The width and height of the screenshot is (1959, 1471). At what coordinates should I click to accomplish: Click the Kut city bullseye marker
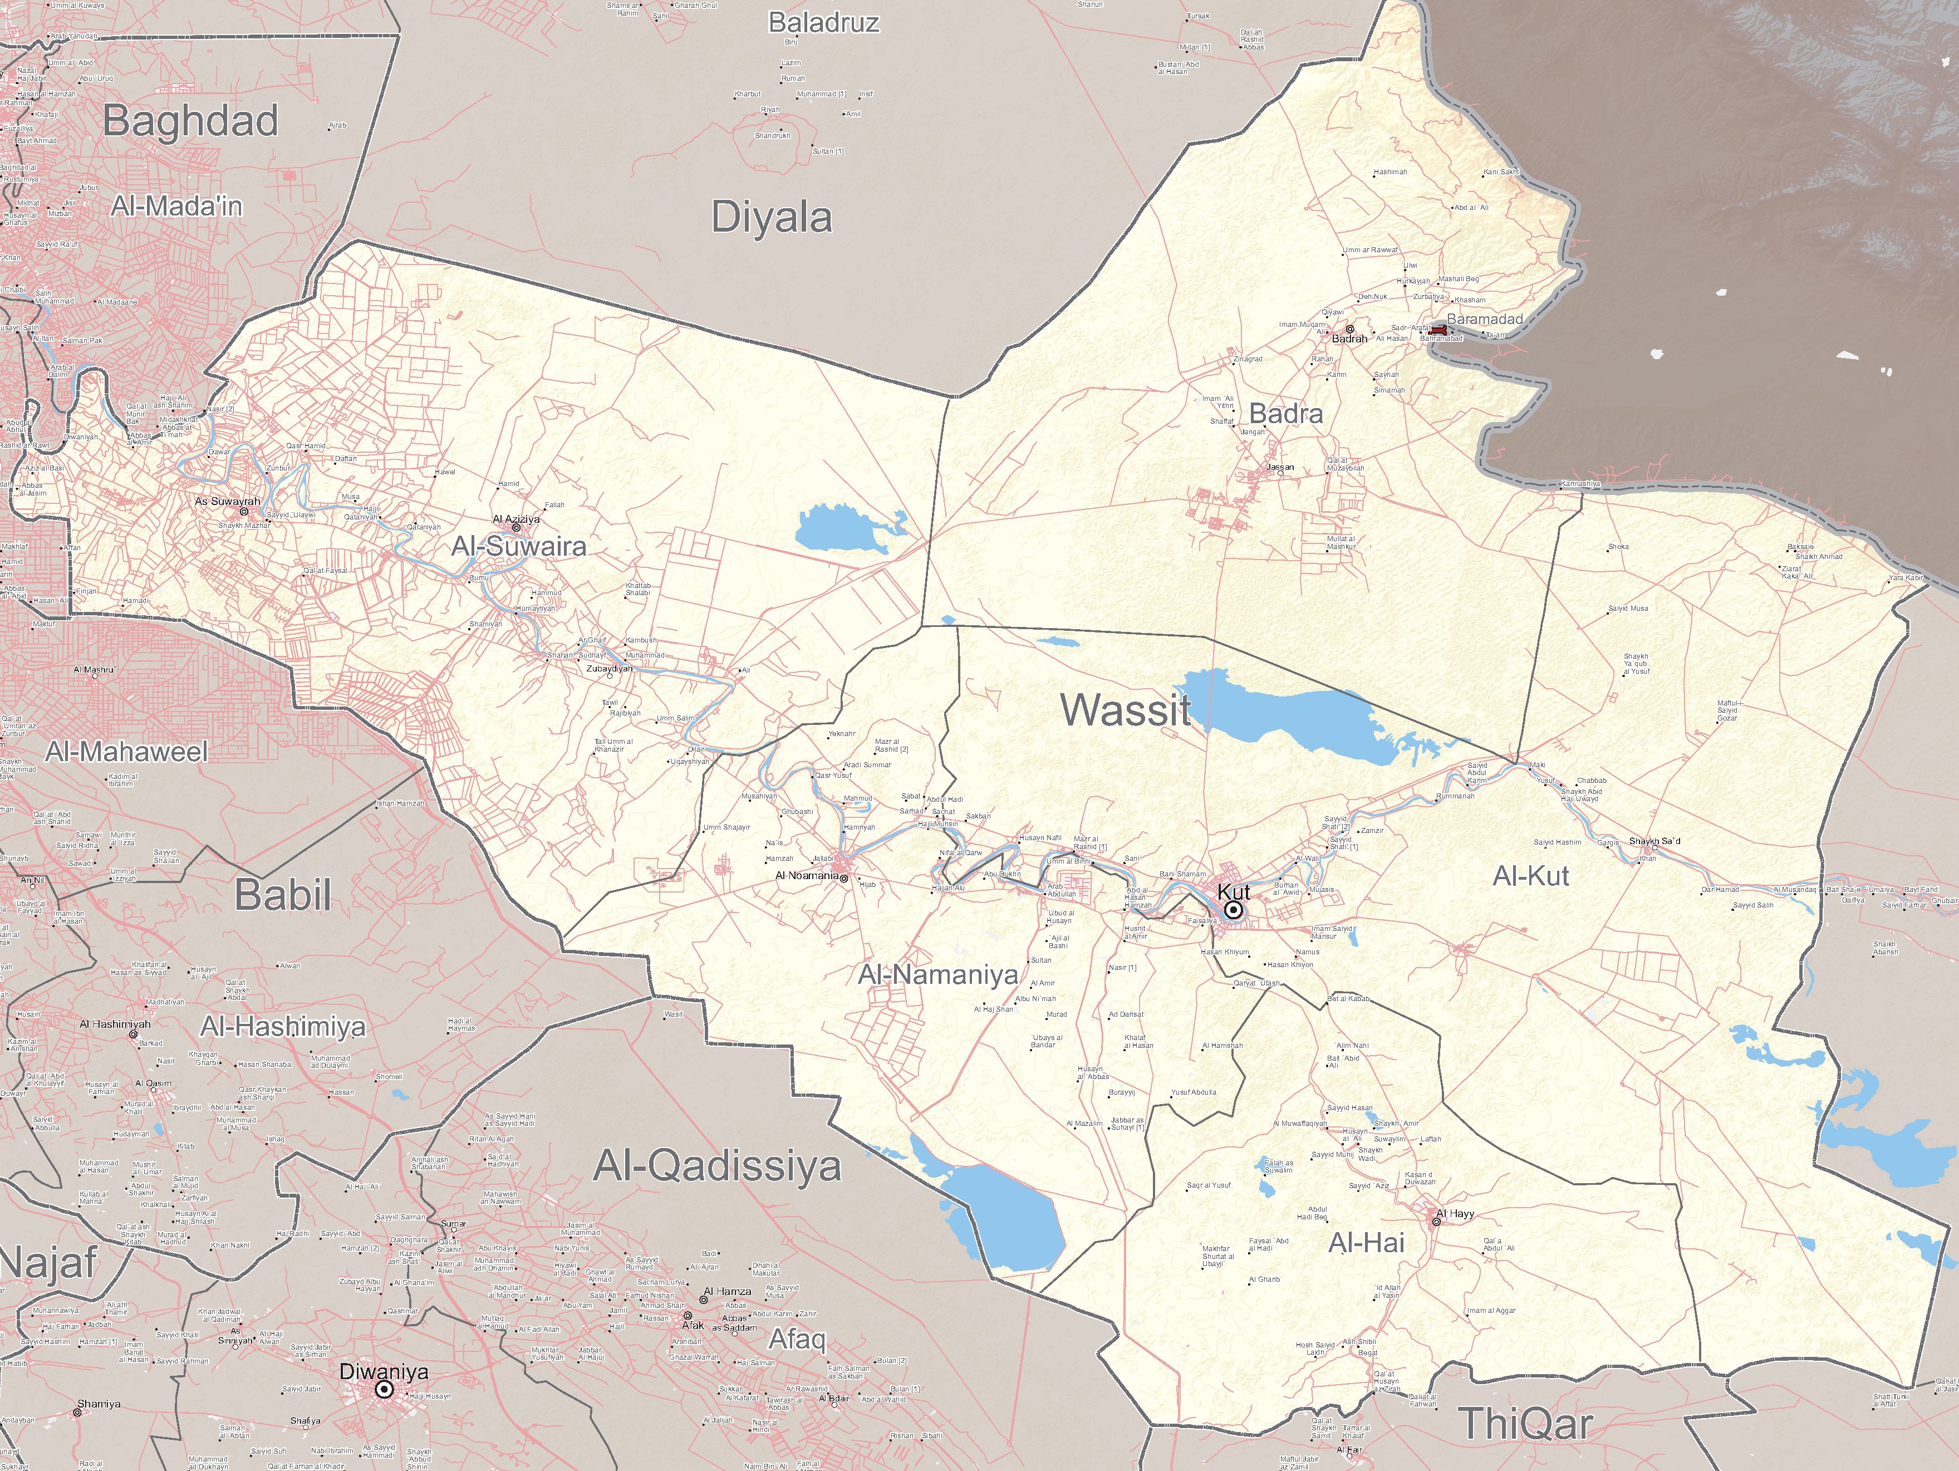point(1233,910)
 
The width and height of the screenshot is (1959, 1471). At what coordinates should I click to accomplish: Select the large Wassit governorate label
point(1126,710)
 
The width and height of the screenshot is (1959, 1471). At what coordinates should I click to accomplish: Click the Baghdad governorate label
point(190,121)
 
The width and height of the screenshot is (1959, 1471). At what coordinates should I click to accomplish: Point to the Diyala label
point(772,218)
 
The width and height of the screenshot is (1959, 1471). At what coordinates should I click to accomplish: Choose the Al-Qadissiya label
point(716,1165)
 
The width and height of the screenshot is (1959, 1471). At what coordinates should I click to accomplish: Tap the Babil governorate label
point(283,895)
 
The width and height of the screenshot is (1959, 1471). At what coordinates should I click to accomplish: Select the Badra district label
point(1286,414)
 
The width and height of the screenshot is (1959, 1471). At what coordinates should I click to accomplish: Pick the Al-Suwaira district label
point(519,546)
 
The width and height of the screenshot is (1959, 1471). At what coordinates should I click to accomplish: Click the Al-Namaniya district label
point(939,975)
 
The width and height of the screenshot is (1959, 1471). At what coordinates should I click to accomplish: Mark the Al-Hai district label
point(1367,1243)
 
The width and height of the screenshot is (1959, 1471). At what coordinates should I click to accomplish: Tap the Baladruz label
point(824,23)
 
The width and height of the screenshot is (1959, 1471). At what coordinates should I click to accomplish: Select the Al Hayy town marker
point(1436,1222)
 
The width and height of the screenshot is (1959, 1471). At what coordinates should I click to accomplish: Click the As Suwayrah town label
point(228,501)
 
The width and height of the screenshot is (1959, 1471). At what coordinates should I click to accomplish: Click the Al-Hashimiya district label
point(283,1027)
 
